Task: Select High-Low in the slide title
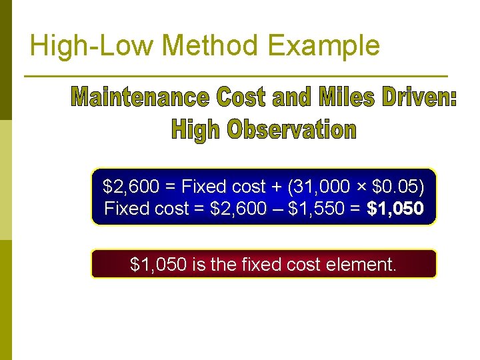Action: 93,45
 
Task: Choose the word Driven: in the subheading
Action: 419,99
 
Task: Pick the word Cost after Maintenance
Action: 241,99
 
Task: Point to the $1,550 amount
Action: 320,209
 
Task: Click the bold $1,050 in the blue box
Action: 395,209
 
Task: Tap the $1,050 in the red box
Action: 159,265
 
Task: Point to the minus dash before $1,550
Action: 277,209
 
